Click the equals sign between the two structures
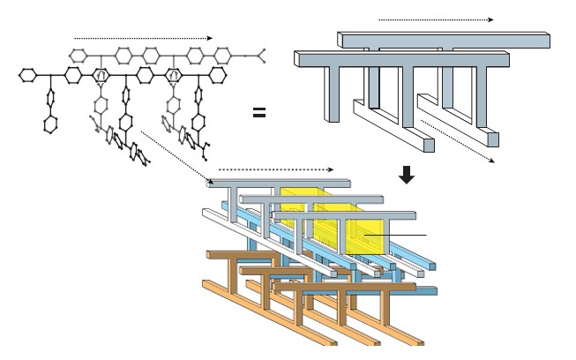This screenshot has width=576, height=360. pos(259,113)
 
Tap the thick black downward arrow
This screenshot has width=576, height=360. pos(407,175)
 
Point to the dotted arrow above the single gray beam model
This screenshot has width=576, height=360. pos(436,19)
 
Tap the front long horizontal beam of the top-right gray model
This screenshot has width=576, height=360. pos(402,59)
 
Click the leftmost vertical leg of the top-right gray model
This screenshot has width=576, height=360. pos(333,94)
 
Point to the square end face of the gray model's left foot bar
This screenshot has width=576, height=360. pos(429,145)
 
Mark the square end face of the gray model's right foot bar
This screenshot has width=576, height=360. pos(493,139)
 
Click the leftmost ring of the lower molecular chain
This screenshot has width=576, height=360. pos(26,76)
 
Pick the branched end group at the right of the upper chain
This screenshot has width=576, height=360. pos(258,57)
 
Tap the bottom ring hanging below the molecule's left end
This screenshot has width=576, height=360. pos(50,124)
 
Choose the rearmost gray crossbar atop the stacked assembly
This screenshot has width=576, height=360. pos(279,184)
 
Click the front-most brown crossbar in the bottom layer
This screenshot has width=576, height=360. pos(344,287)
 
